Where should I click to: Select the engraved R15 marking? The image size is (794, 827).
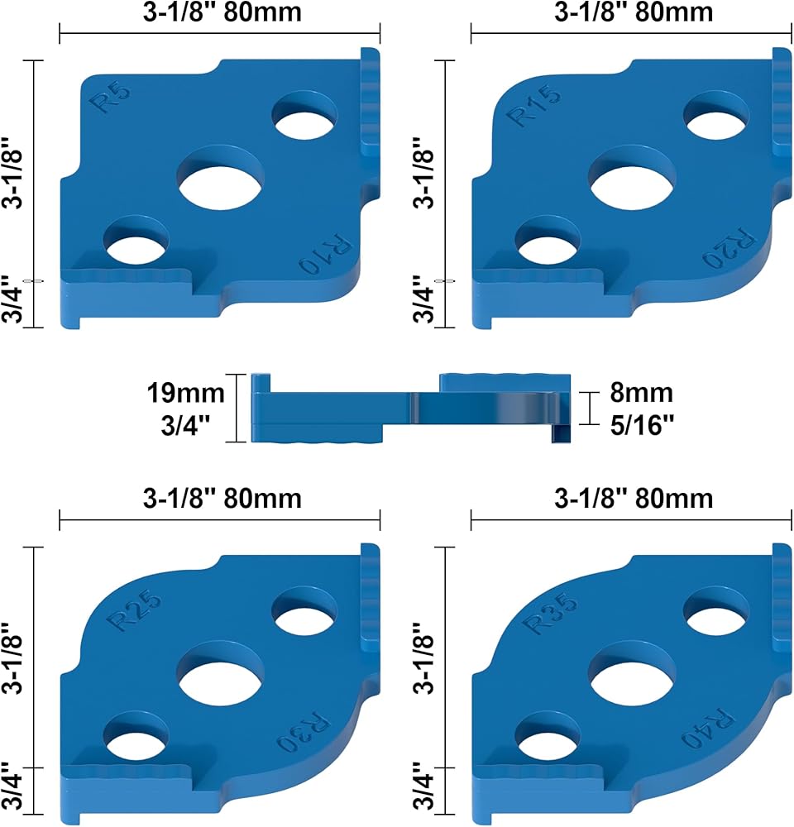(533, 106)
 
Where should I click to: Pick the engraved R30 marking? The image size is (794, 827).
(303, 732)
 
